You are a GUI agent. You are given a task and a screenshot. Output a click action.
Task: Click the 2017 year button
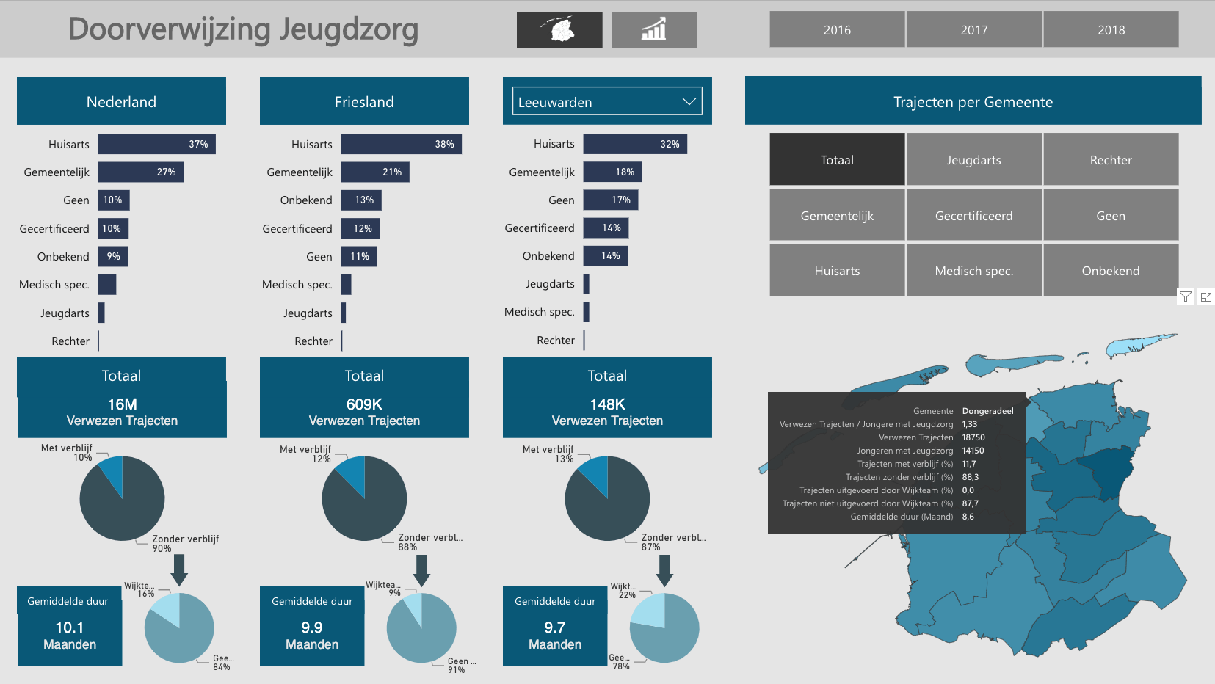tap(973, 30)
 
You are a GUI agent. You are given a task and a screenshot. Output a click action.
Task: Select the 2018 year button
tap(1111, 30)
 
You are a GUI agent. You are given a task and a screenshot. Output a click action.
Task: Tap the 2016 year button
tap(837, 30)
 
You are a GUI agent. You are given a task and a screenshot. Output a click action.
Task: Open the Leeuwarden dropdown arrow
tap(689, 102)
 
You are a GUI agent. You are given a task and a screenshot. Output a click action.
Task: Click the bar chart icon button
tap(653, 30)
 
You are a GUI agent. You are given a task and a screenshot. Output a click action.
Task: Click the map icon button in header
tap(559, 30)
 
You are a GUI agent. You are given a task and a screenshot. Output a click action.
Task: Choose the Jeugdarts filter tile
tap(973, 160)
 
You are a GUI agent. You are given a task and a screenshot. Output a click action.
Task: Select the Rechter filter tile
tap(1111, 160)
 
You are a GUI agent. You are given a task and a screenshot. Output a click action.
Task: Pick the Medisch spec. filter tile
tap(973, 271)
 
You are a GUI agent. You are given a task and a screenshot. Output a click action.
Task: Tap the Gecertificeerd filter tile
tap(973, 216)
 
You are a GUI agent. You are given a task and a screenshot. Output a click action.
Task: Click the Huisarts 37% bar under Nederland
tap(156, 145)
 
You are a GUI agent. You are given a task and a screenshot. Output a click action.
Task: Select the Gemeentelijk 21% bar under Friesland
tap(375, 172)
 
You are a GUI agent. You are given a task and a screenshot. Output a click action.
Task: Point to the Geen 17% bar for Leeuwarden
tap(610, 200)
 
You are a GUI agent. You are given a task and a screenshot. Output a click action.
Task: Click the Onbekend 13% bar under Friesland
tap(361, 200)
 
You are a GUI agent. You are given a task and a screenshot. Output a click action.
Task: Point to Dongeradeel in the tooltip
tap(987, 411)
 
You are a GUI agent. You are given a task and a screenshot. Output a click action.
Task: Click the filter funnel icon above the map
tap(1186, 296)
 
